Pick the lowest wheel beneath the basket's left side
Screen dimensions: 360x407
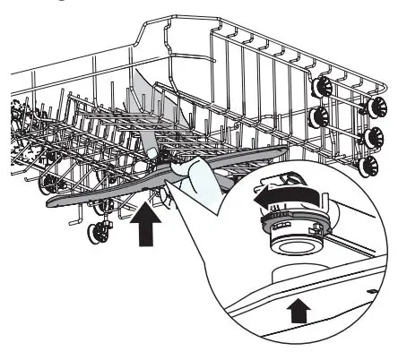pos(94,236)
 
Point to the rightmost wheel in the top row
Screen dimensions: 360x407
pos(368,107)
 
